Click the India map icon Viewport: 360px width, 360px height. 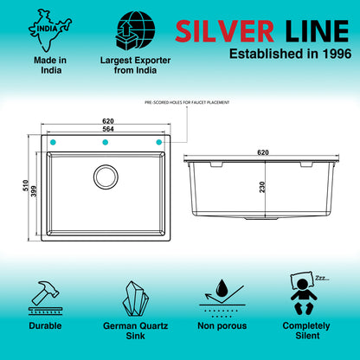click(49, 30)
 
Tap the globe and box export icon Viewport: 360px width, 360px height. click(136, 30)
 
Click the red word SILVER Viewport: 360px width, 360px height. click(224, 31)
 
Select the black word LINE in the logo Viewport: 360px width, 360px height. click(317, 31)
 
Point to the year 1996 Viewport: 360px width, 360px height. click(337, 54)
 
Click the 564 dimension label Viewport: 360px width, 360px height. click(108, 129)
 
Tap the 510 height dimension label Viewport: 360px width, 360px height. click(25, 185)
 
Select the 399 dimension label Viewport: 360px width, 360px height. click(34, 191)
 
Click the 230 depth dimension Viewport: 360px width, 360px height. click(262, 187)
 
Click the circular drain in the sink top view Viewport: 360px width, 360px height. click(106, 177)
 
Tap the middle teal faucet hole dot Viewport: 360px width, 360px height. click(106, 142)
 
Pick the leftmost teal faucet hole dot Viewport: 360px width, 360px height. click(53, 142)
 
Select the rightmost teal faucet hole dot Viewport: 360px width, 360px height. click(158, 142)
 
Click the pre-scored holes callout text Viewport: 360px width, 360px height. click(187, 102)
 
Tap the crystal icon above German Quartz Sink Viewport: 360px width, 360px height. click(135, 299)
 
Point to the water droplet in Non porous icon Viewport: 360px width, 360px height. click(222, 287)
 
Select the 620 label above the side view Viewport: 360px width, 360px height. click(263, 152)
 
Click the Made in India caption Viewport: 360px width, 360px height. click(50, 65)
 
